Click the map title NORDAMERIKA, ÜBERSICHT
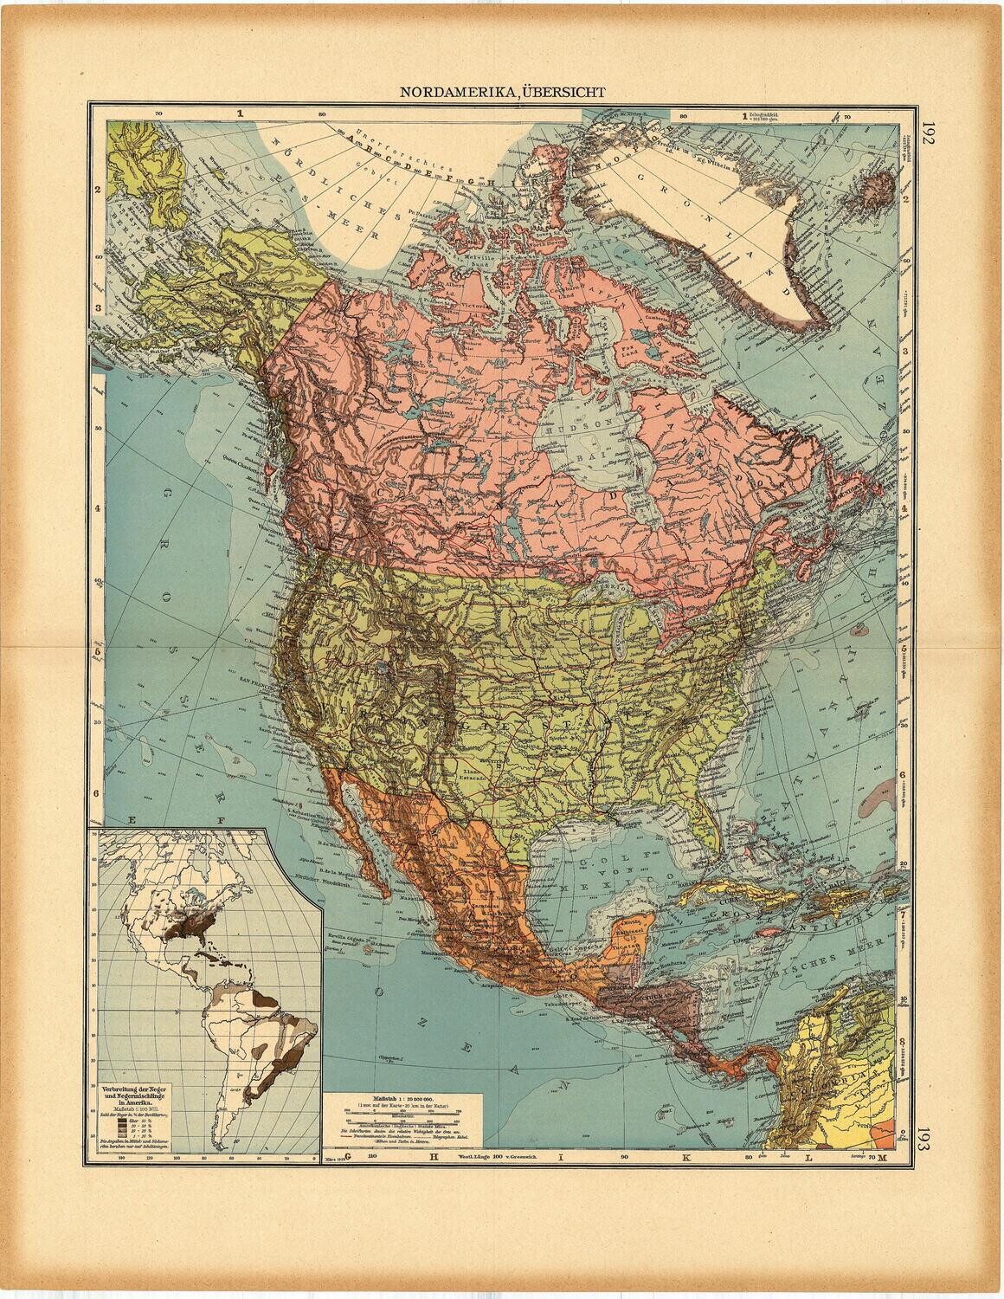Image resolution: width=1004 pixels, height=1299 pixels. click(x=501, y=90)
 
